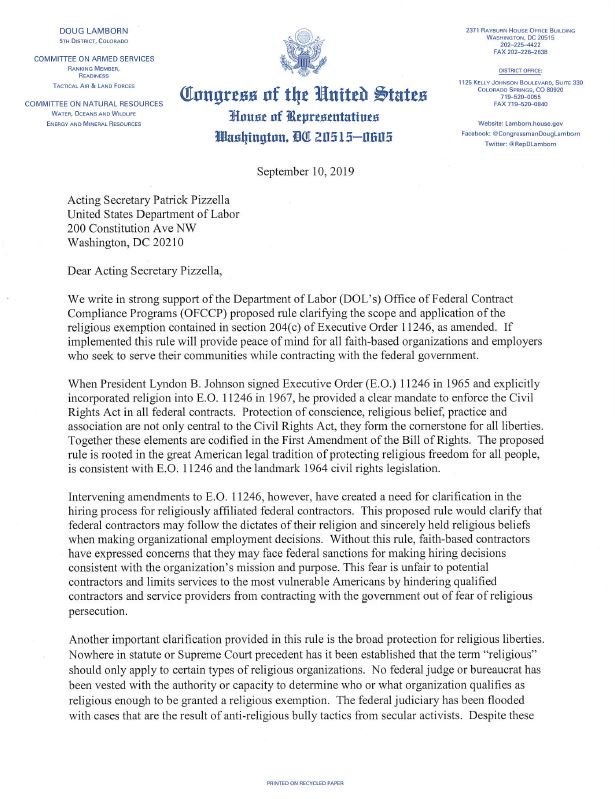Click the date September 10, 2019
tap(307, 170)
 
